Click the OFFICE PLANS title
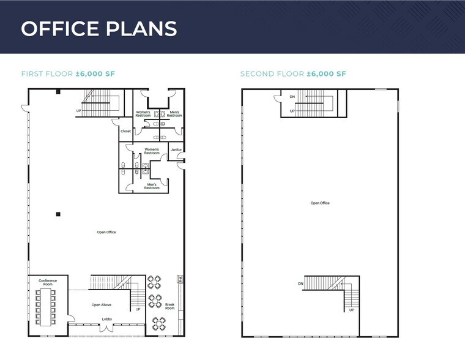(99, 29)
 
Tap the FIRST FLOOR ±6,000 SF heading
(68, 74)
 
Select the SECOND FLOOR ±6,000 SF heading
(293, 74)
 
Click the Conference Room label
(48, 282)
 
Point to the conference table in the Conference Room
(46, 307)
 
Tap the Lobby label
(107, 319)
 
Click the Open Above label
(102, 305)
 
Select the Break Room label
(170, 306)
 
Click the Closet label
(126, 131)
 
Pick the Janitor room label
(176, 149)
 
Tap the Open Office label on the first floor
(106, 232)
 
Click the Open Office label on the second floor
(320, 203)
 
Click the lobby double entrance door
(106, 328)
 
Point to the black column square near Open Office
(58, 214)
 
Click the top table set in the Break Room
(154, 282)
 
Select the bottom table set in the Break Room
(159, 324)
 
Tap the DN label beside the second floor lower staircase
(300, 283)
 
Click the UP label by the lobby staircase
(138, 309)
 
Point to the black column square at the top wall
(58, 92)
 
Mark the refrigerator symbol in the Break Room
(180, 279)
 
